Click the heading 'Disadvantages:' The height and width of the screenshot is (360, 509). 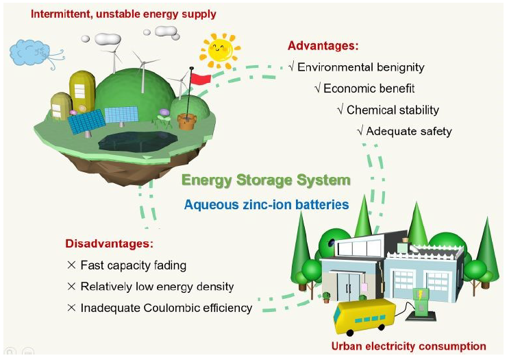(110, 244)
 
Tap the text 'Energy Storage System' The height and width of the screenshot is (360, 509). (266, 180)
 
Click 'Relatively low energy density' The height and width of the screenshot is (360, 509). (157, 286)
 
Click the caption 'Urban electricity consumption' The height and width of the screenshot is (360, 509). (408, 346)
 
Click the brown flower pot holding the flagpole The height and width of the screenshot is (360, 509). (186, 121)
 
